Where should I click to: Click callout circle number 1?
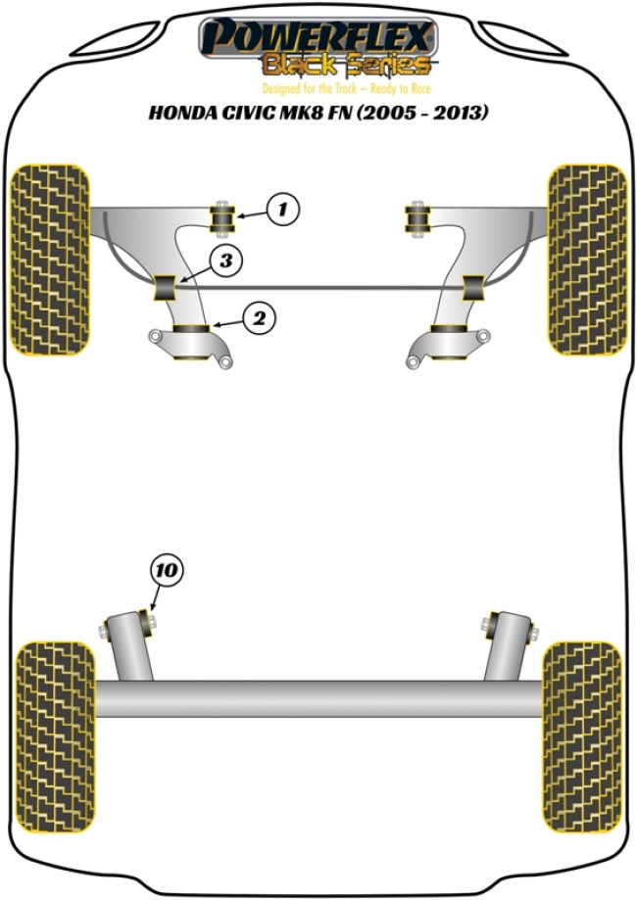[x=282, y=209]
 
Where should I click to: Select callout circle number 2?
[x=259, y=317]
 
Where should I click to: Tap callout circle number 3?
[x=226, y=261]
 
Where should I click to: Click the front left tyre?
[x=50, y=259]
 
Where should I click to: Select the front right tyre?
[x=586, y=259]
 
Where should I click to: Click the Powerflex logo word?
[x=318, y=38]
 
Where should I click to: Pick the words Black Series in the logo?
[x=345, y=66]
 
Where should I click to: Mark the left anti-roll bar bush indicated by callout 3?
[x=167, y=288]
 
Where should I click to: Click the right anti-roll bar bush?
[x=474, y=288]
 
